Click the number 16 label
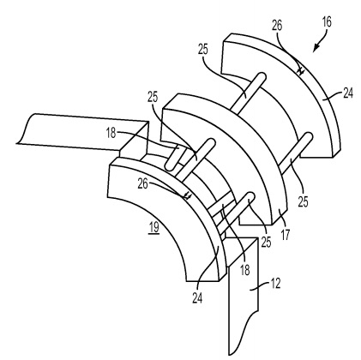[x=327, y=21]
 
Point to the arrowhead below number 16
[x=316, y=49]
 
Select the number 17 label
[x=286, y=235]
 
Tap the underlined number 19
[x=153, y=228]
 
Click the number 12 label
[x=275, y=284]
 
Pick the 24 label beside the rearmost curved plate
[x=348, y=93]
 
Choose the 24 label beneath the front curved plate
[x=197, y=298]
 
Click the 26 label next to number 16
[x=277, y=26]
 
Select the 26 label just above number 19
[x=143, y=184]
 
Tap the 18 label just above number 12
[x=245, y=270]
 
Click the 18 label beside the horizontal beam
[x=111, y=133]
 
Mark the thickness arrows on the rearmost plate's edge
[x=300, y=70]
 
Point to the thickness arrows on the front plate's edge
[x=187, y=195]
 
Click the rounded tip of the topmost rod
[x=262, y=76]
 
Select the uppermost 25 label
[x=203, y=50]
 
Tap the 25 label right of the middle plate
[x=303, y=201]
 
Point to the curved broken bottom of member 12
[x=243, y=333]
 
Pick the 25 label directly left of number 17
[x=266, y=243]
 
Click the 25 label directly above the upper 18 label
[x=153, y=97]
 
